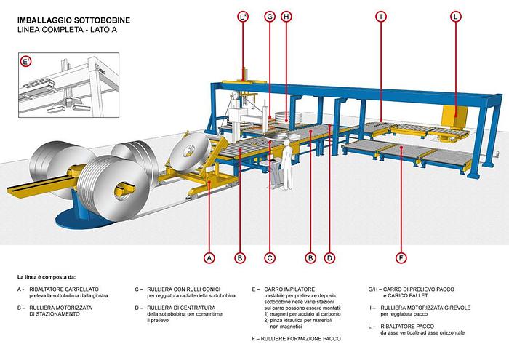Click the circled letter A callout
coord(209,257)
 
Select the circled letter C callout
coord(269,257)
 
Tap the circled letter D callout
coord(329,257)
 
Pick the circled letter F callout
coord(401,257)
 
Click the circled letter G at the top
coord(270,16)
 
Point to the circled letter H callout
coord(286,16)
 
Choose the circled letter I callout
coord(380,16)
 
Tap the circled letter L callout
coord(456,16)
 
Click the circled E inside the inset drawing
coord(26,62)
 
